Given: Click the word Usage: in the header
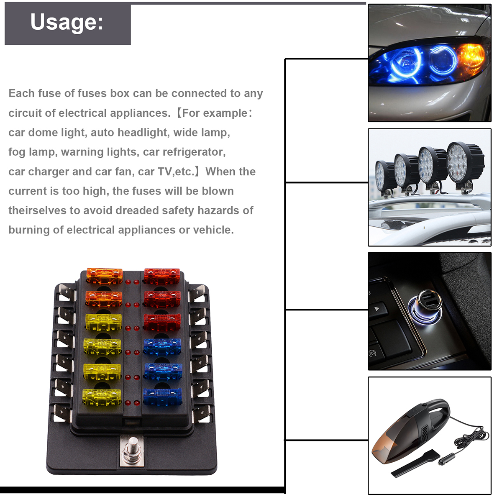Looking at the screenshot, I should click(67, 22).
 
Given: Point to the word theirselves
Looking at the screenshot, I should click(37, 210).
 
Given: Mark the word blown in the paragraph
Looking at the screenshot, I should click(218, 191).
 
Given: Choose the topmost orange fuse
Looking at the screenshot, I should click(104, 276).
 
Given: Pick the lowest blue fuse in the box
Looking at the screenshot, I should click(162, 397).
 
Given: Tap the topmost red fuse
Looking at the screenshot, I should click(162, 276).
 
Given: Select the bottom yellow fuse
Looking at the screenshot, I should click(102, 397).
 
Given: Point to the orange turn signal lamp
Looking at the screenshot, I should click(470, 58).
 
